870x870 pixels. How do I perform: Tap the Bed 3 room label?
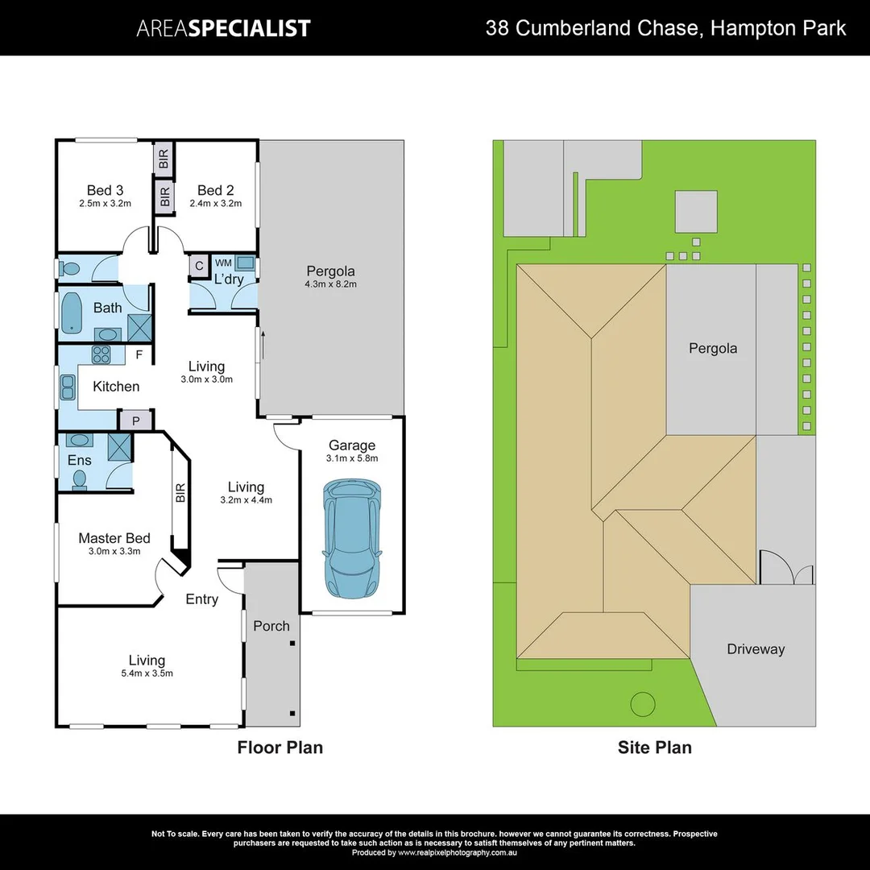pyautogui.click(x=105, y=190)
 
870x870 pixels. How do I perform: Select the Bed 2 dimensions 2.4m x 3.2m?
pyautogui.click(x=215, y=204)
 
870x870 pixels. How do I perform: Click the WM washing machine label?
pyautogui.click(x=223, y=263)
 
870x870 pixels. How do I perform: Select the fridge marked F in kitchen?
pyautogui.click(x=139, y=354)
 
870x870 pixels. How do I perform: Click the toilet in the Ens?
pyautogui.click(x=79, y=479)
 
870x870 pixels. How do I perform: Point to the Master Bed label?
pyautogui.click(x=114, y=538)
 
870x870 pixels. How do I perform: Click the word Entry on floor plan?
pyautogui.click(x=201, y=599)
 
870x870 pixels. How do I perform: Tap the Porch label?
pyautogui.click(x=271, y=625)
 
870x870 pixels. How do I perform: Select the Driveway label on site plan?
pyautogui.click(x=755, y=648)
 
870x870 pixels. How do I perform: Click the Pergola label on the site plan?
pyautogui.click(x=712, y=348)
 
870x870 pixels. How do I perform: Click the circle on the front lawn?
pyautogui.click(x=643, y=704)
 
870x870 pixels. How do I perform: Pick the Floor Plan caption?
pyautogui.click(x=280, y=748)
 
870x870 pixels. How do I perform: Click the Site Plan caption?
pyautogui.click(x=654, y=748)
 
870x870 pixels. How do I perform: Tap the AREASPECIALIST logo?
pyautogui.click(x=223, y=28)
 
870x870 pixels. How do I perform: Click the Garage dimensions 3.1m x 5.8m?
pyautogui.click(x=352, y=458)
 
